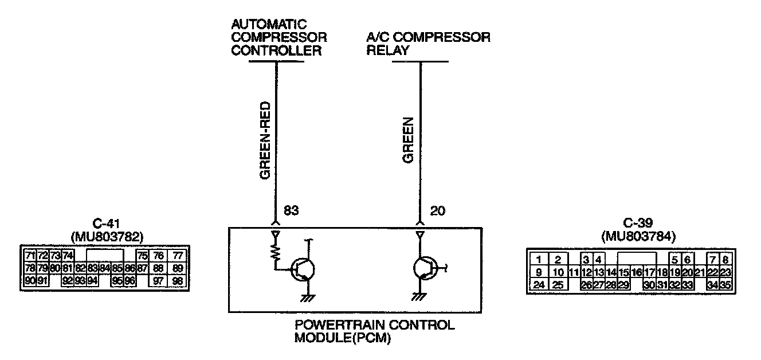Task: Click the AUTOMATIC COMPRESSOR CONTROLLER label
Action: coord(278,38)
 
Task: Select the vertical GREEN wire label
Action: coord(408,140)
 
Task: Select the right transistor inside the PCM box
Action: coord(425,268)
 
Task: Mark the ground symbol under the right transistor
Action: coord(417,297)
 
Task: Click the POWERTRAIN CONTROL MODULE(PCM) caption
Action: coord(374,331)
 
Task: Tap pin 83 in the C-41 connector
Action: coord(92,268)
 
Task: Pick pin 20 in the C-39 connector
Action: coord(687,272)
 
